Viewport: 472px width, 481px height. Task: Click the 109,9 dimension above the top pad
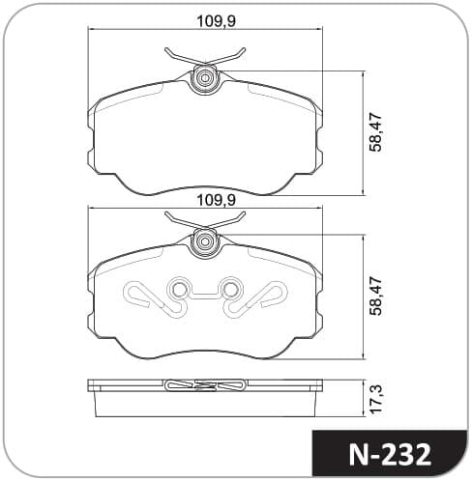217,21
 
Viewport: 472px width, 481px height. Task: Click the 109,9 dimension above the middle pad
217,200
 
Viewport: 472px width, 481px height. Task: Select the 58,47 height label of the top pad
376,132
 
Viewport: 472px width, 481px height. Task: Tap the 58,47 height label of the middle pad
376,297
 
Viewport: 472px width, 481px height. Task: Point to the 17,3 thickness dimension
376,399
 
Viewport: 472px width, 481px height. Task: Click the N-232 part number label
390,456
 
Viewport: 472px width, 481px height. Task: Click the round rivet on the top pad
205,78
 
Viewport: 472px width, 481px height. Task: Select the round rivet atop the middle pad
205,241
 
